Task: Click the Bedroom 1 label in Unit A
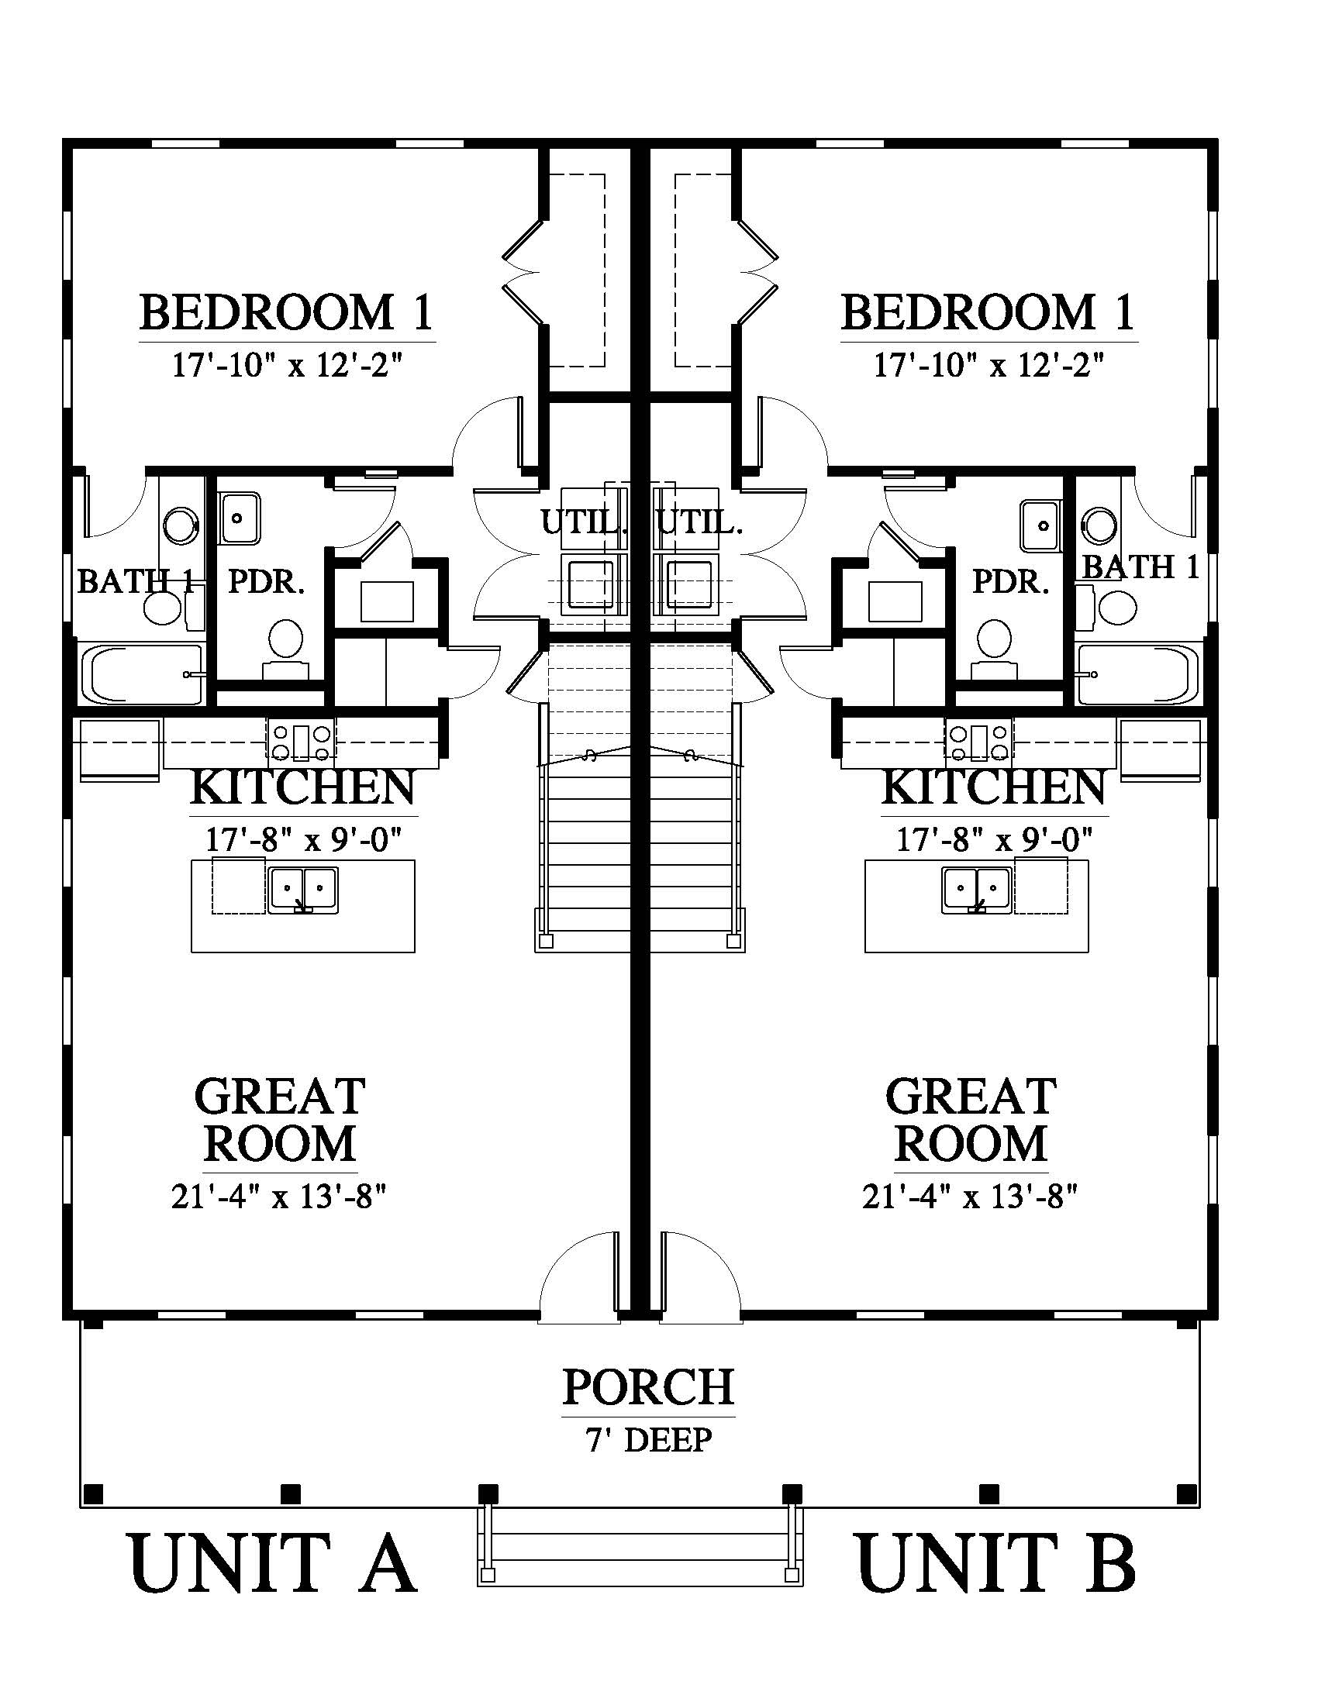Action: tap(286, 312)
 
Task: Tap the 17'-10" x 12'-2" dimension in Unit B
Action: tap(988, 364)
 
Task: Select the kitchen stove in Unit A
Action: tap(302, 742)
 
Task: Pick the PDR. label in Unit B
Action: tap(1010, 581)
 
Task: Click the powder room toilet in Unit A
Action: tap(287, 649)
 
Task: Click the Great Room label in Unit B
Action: tap(971, 1120)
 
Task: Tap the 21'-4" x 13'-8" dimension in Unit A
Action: tap(279, 1197)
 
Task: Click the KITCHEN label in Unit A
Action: tap(302, 787)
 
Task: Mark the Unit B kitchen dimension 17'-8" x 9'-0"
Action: tap(993, 840)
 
